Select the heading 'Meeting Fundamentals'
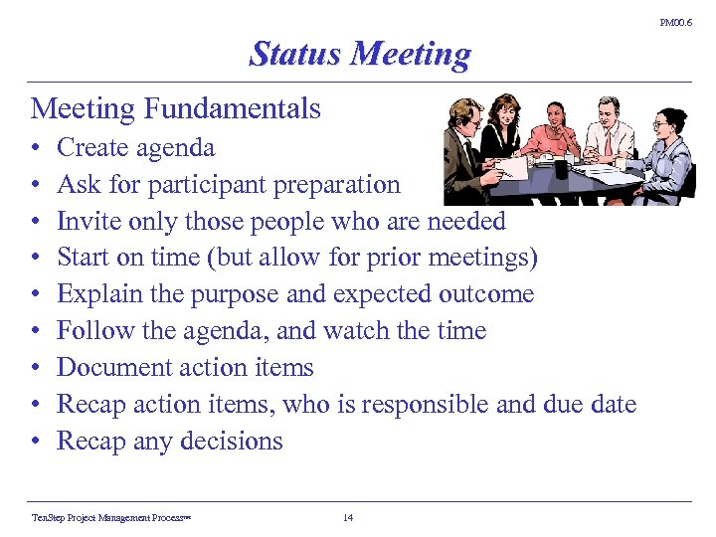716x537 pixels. point(176,107)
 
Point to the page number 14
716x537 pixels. point(347,517)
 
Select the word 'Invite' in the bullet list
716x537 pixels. point(86,221)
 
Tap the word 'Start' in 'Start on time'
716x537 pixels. point(82,258)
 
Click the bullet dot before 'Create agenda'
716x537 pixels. point(35,149)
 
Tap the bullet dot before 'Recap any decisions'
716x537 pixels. point(35,442)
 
